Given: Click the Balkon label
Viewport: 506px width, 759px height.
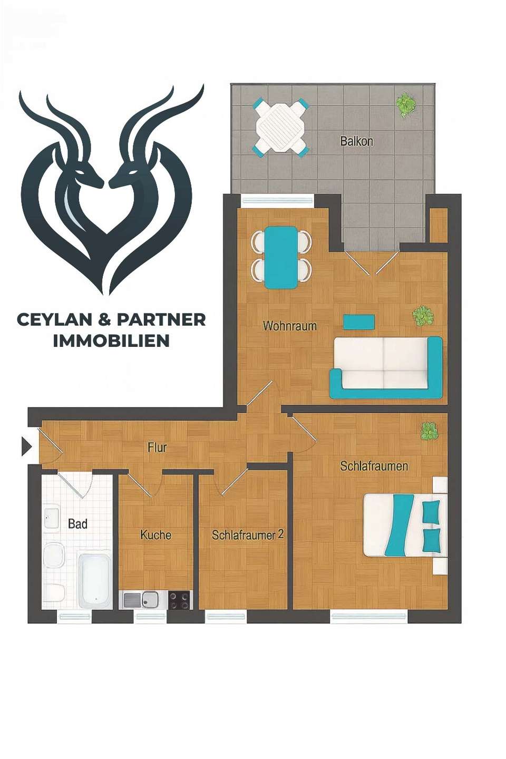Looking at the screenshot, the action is coord(356,141).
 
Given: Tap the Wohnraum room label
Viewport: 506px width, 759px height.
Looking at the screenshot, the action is coord(290,326).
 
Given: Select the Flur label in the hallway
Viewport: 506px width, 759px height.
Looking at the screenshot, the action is coord(157,447).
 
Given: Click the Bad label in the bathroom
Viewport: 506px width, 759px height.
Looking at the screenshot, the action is coord(77,523).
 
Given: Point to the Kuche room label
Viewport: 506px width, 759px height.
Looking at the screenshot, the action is coord(155,535).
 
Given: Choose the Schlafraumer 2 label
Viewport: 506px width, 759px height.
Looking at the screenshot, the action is coord(247,534).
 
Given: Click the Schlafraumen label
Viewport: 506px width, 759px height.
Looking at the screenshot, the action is coord(374,466).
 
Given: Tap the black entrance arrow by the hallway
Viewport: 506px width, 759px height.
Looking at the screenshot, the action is coord(26,446).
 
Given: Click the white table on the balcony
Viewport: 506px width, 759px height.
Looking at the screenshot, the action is coord(280,127).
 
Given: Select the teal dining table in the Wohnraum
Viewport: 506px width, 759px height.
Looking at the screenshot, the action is coord(281,257).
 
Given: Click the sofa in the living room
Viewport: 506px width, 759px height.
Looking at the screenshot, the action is coord(386,367).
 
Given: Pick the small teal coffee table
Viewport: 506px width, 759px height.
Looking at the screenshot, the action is coord(359,322).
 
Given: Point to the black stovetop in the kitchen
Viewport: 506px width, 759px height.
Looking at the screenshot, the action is coord(179,600).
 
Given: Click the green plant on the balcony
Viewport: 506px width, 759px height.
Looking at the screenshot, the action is coord(405,104).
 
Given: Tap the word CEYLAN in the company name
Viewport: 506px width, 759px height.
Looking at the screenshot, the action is coord(57,319).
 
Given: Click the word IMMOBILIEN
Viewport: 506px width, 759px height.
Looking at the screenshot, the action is coord(111,341).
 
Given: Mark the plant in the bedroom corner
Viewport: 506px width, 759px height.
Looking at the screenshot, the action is coord(429,431).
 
